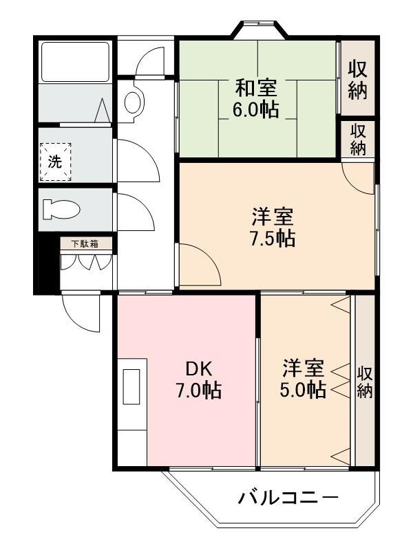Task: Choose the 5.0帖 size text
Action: (303, 389)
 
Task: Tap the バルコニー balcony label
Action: (289, 497)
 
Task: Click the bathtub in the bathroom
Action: (75, 61)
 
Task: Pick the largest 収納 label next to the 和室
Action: (358, 80)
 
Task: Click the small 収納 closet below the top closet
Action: (358, 140)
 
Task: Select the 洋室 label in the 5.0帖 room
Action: (303, 367)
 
